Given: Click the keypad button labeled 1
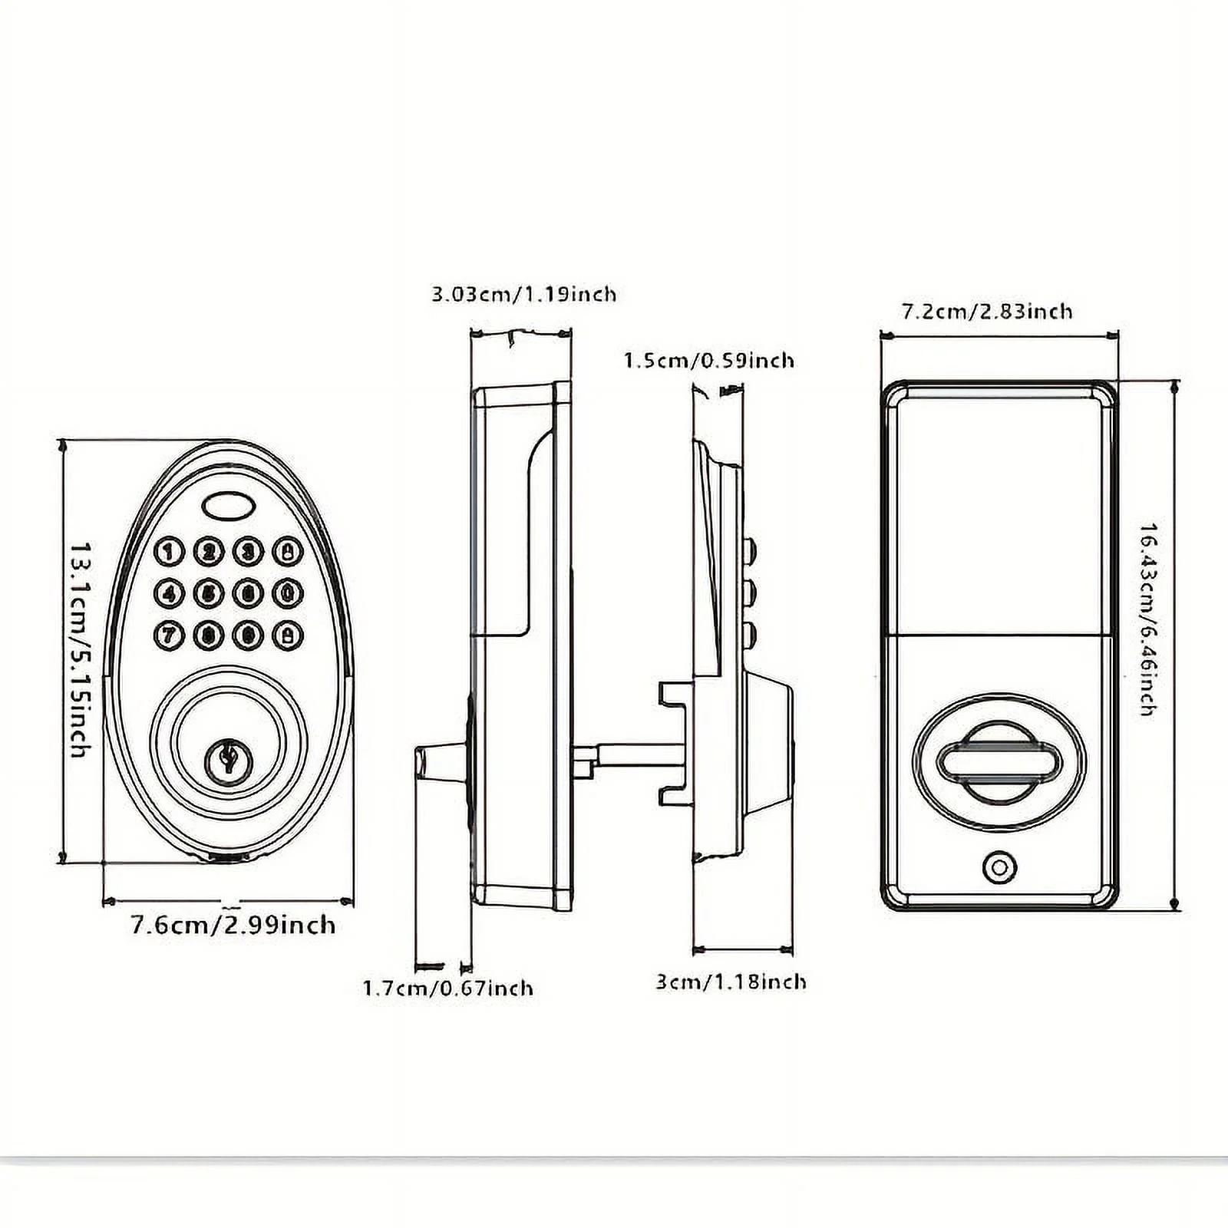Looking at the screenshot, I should (x=169, y=551).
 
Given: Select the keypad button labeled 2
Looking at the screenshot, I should (x=208, y=551).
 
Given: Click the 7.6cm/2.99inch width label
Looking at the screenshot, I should (x=233, y=924).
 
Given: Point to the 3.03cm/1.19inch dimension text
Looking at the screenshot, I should (x=523, y=294).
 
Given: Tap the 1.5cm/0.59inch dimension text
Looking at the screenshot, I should (x=708, y=360).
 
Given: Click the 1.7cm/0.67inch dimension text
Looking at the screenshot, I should (x=447, y=987).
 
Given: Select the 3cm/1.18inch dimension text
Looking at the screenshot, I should (x=731, y=982).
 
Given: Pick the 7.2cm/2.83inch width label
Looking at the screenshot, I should (x=986, y=311).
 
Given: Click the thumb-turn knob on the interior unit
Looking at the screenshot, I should (x=999, y=762).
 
